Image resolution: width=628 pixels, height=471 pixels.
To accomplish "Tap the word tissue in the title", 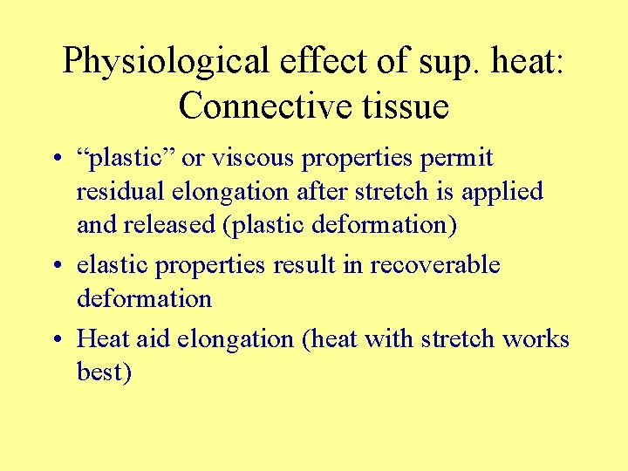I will point(403,106).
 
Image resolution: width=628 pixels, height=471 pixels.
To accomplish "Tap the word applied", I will point(502,192).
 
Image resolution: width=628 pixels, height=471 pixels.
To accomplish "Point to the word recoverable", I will point(436,264).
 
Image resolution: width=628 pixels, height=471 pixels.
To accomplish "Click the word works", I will point(535,338).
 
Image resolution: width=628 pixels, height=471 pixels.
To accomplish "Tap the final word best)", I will point(104,372).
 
